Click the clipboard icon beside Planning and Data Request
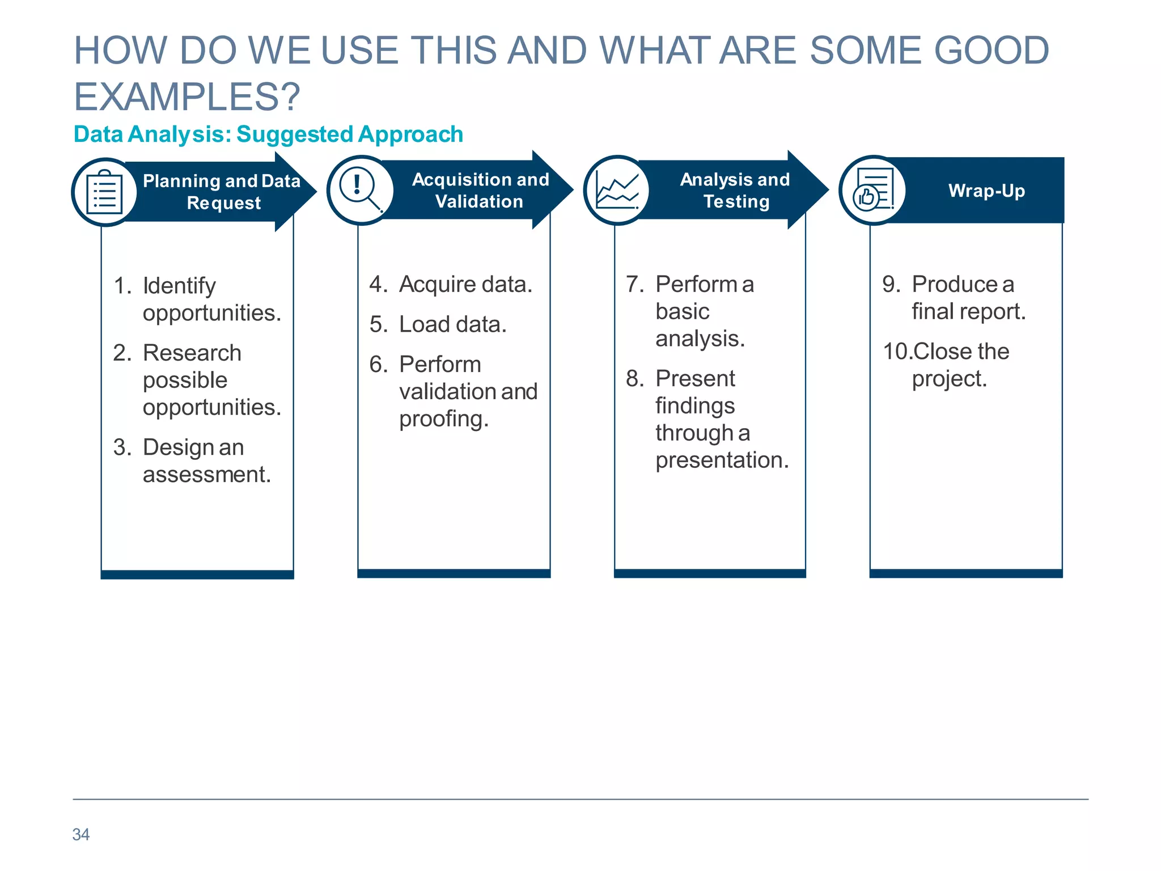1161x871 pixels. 104,192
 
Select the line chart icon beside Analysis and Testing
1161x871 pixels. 617,190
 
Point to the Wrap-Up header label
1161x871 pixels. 986,191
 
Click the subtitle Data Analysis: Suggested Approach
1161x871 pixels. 268,134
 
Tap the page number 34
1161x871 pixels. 80,834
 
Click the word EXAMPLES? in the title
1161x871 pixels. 187,96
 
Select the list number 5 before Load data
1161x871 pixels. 378,324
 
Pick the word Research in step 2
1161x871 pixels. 192,353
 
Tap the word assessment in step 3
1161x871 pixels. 206,474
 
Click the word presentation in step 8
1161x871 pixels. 722,460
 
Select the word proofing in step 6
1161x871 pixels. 443,419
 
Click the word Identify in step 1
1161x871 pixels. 179,286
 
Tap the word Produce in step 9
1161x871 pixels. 954,284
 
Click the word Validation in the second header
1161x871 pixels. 479,201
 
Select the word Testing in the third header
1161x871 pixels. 736,201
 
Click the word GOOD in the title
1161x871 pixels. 991,50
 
